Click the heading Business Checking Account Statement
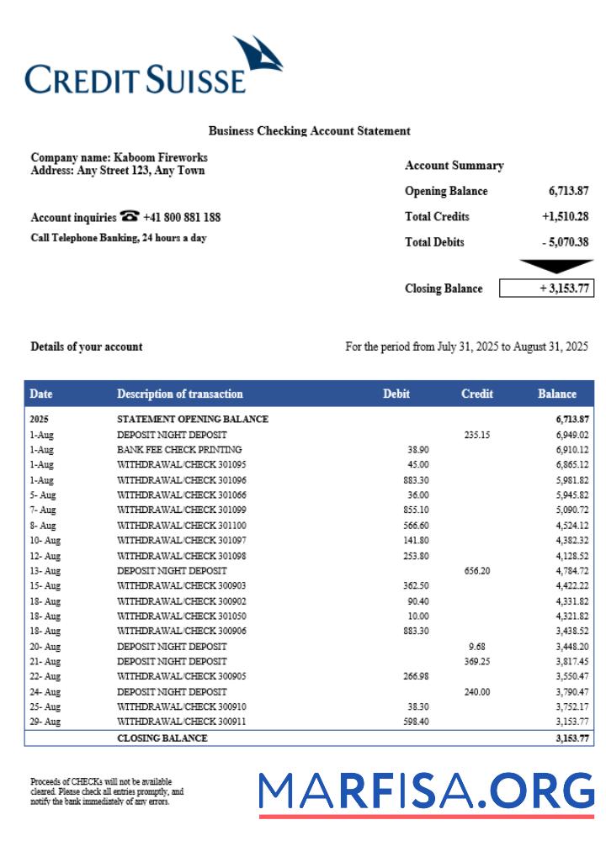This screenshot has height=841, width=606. [309, 130]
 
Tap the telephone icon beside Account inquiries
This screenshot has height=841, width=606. [130, 216]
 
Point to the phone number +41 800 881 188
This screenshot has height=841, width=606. [182, 217]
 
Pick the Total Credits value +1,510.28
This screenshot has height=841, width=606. [565, 216]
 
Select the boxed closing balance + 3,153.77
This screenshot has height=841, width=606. [546, 288]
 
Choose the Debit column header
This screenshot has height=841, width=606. [396, 394]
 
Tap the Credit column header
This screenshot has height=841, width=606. [477, 394]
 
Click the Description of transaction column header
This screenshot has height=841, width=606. [179, 394]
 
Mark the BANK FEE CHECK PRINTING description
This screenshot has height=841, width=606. [179, 450]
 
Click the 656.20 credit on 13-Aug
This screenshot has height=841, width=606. [477, 570]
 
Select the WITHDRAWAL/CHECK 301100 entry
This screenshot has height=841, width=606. [181, 525]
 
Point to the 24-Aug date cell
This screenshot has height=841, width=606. [45, 691]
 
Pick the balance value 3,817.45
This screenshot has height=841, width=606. [571, 661]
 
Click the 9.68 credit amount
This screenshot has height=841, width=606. [477, 646]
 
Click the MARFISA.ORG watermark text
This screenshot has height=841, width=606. [426, 792]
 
